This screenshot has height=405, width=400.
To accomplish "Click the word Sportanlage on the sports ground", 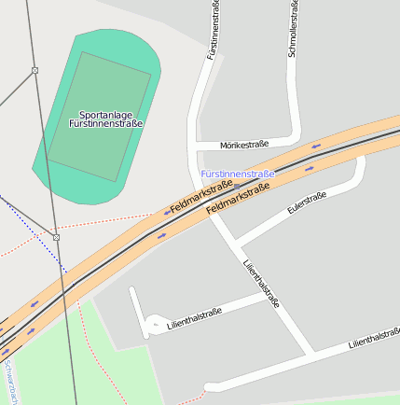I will click(104, 115).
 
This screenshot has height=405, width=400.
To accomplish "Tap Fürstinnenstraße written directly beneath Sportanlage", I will click(105, 123).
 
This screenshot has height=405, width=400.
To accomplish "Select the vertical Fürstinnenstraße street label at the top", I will click(215, 30).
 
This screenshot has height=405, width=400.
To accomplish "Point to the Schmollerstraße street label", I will click(293, 30).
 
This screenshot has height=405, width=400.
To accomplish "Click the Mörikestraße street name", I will click(244, 145).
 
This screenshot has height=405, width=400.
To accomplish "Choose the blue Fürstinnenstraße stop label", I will click(238, 175).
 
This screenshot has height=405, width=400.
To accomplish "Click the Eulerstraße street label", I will click(307, 203).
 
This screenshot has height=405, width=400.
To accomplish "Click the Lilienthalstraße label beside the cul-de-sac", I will click(194, 319).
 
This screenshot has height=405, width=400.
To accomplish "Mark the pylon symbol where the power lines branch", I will click(34, 71).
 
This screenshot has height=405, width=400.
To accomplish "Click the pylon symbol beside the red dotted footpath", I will click(56, 238).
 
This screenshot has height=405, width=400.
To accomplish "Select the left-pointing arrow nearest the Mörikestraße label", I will click(316, 146).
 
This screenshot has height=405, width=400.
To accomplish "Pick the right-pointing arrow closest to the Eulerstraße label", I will click(310, 169).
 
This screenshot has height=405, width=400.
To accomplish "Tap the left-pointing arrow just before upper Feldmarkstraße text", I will click(167, 213).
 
